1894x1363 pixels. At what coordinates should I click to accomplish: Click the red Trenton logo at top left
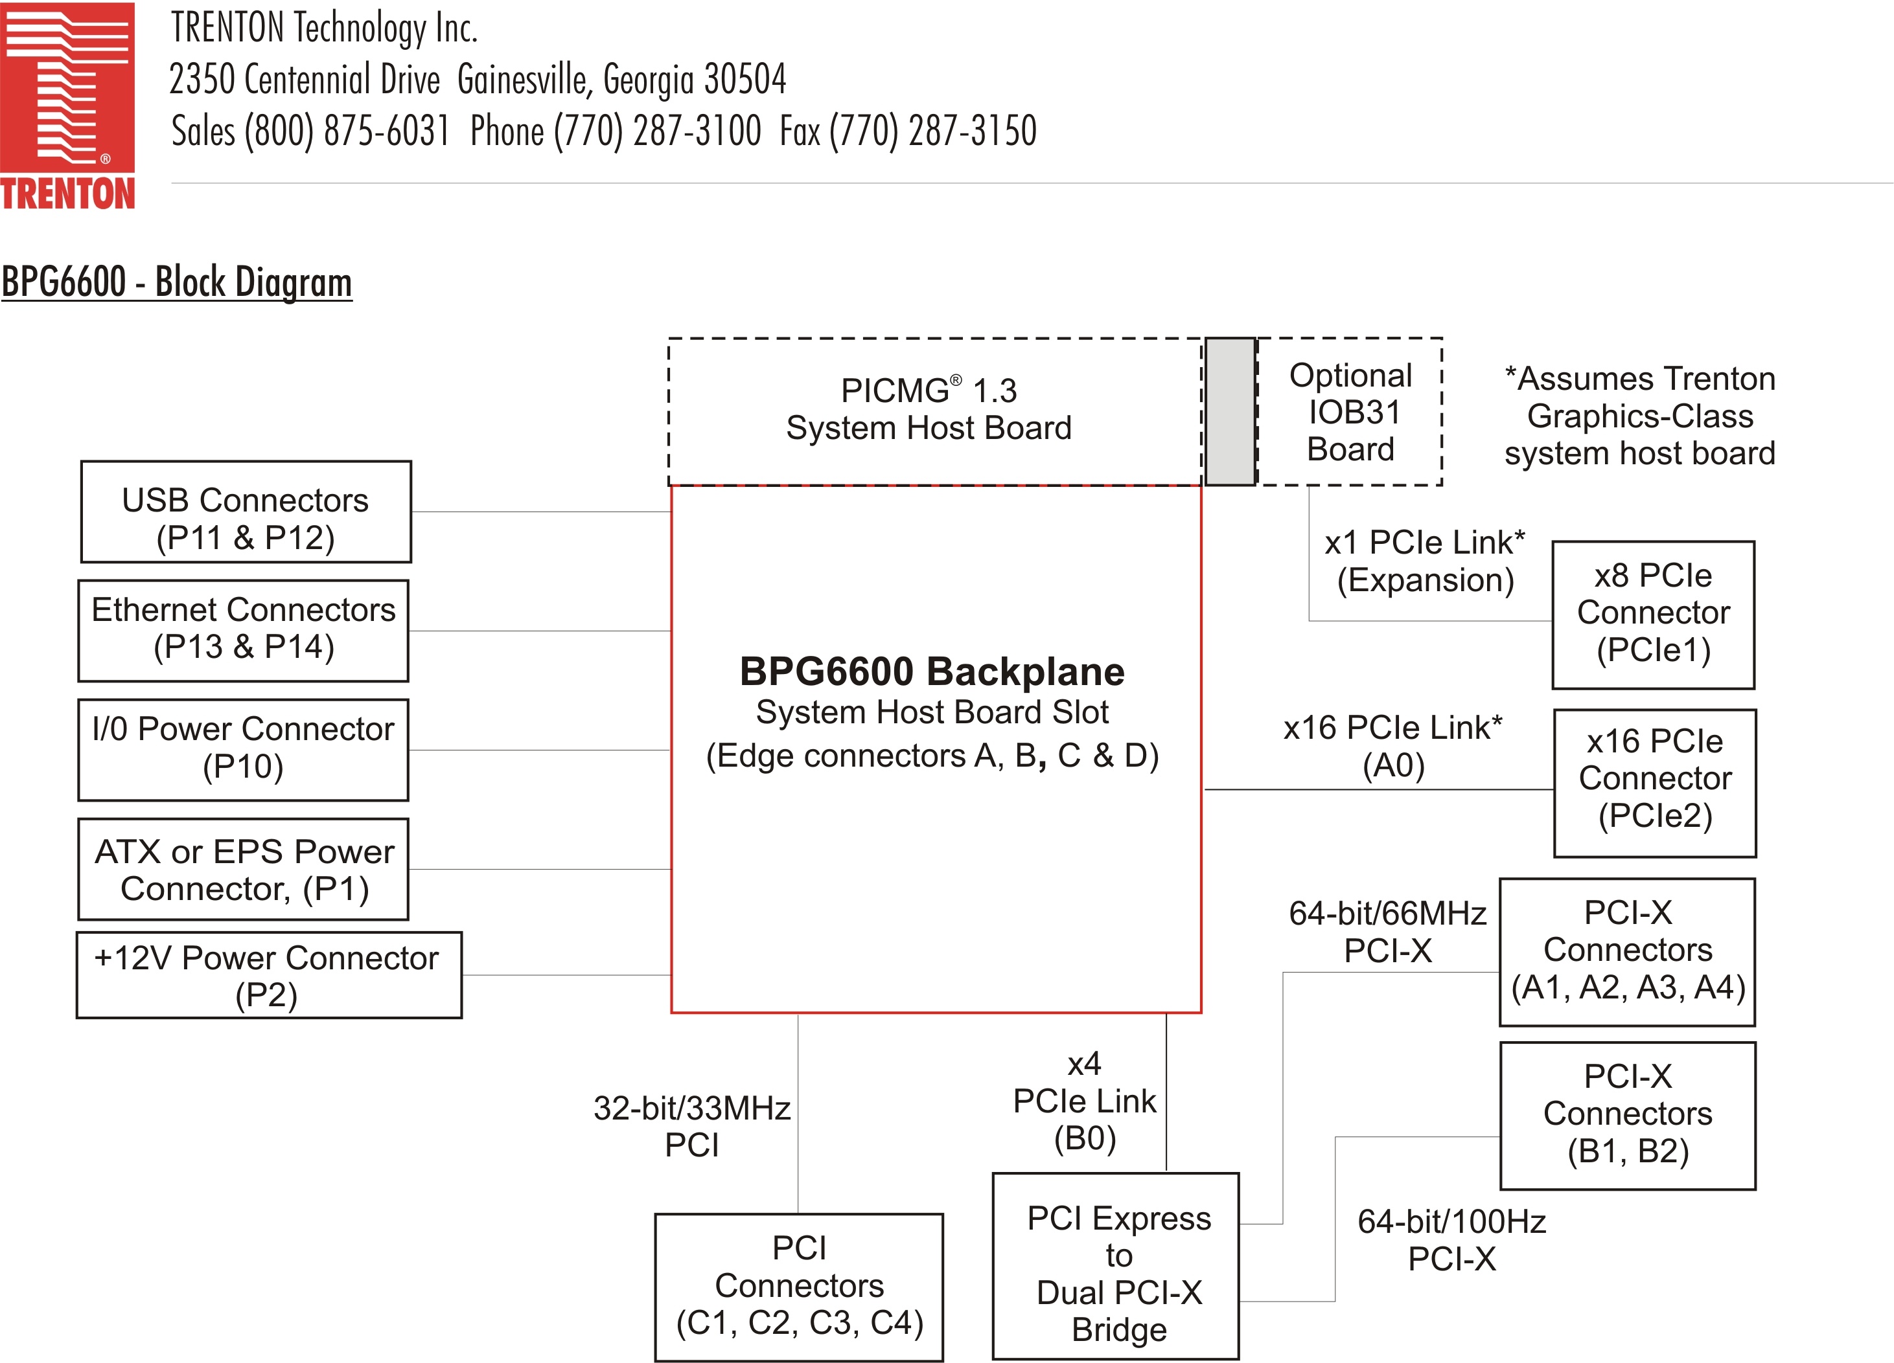tap(67, 104)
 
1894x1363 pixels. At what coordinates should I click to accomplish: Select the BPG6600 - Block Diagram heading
tap(176, 282)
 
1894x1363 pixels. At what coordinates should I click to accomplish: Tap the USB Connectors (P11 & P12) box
tap(246, 512)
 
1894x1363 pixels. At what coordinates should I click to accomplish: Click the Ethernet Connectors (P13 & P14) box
tap(243, 630)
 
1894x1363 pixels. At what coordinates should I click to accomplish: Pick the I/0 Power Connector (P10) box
tap(243, 750)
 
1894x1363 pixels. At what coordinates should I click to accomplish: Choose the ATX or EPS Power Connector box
tap(243, 869)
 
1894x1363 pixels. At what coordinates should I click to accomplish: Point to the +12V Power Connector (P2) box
tap(268, 975)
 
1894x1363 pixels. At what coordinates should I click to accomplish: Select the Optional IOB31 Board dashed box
tap(1350, 411)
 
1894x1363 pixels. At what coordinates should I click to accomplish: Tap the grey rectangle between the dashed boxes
tap(1230, 411)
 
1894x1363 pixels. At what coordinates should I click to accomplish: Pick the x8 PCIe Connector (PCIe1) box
tap(1653, 615)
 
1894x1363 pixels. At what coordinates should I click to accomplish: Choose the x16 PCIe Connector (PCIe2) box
tap(1654, 783)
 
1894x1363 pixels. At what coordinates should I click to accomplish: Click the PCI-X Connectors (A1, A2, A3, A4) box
tap(1627, 952)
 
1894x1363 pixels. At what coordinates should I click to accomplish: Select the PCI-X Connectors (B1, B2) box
tap(1627, 1115)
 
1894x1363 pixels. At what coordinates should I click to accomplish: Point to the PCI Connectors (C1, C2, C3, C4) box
tap(798, 1286)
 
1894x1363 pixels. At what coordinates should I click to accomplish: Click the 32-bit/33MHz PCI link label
tap(691, 1127)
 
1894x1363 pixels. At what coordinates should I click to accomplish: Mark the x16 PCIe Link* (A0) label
tap(1393, 746)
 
